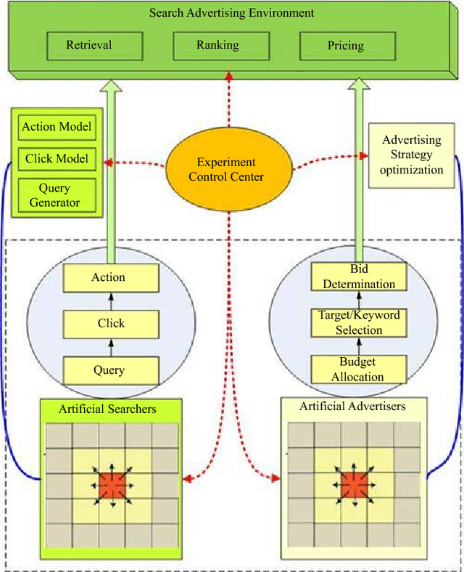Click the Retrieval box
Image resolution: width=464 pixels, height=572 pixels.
89,45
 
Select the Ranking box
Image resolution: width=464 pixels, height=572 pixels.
217,45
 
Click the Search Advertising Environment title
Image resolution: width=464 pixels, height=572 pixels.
231,12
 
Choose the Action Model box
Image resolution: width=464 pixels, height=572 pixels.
57,128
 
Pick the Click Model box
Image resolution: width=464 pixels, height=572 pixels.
57,159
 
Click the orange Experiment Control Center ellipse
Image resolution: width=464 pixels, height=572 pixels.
228,170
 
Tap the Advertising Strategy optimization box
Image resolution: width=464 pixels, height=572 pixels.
413,155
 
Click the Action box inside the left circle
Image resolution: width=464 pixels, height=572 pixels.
109,277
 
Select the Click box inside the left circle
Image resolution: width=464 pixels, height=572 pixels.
111,324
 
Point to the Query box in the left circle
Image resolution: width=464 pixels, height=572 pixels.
109,370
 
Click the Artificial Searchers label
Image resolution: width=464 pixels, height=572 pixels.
107,409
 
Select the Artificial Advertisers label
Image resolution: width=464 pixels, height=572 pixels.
352,406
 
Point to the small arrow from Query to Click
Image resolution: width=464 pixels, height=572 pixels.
110,347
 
